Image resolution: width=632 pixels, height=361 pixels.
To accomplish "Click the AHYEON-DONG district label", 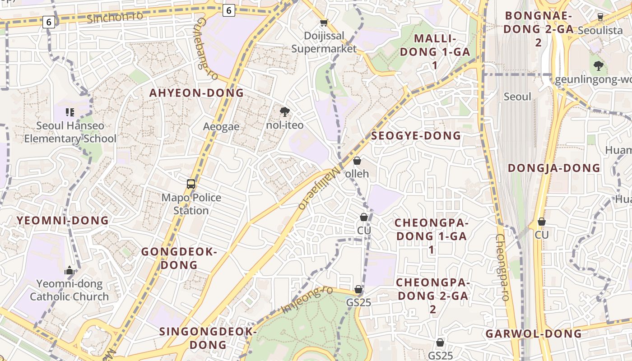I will coord(196,93).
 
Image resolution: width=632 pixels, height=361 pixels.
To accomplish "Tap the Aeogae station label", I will coord(221,126).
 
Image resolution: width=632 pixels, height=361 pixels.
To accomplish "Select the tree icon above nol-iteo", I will coord(284,111).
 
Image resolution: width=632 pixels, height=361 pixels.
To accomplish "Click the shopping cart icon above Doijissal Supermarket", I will coord(324,23).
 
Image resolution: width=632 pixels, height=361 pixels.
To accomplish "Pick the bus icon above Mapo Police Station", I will coord(191,184).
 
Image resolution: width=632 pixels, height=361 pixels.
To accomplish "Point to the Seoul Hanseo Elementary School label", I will coord(70,132).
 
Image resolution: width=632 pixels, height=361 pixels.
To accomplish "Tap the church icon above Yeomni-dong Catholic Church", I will coord(70,270).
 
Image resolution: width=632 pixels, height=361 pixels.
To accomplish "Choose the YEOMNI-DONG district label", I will coord(63,220).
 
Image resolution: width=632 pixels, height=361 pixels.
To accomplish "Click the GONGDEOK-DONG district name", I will coord(179,258).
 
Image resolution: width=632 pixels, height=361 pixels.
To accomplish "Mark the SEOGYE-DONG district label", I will coord(416,135).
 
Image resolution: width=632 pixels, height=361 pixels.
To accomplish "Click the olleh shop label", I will coord(357,173).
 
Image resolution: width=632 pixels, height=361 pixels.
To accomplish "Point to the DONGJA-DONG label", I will coord(554,168).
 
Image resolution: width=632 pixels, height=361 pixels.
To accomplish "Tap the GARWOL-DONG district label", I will coord(534,333).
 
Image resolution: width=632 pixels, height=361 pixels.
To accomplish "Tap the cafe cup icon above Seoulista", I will coord(600,17).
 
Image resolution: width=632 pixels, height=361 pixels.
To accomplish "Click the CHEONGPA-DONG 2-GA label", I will coord(433,296).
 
